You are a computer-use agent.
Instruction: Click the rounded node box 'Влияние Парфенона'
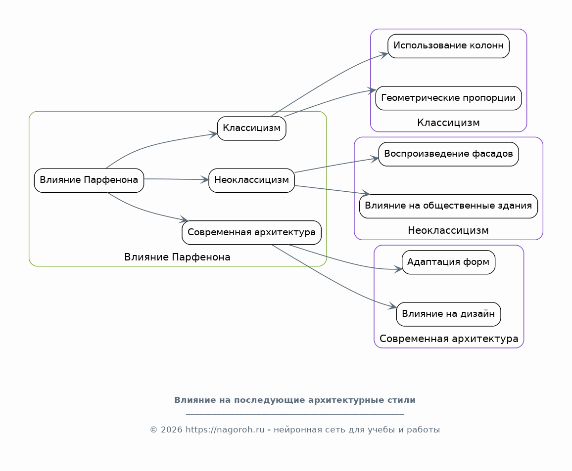click(89, 180)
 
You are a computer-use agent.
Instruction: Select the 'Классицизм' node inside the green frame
click(252, 128)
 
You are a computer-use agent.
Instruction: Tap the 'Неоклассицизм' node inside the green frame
click(252, 180)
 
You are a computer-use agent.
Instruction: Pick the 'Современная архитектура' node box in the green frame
click(252, 232)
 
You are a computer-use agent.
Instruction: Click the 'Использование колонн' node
click(448, 46)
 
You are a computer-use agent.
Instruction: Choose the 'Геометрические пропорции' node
click(448, 98)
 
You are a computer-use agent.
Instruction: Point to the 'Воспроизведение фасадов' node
click(448, 154)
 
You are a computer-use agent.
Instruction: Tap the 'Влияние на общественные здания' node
click(448, 206)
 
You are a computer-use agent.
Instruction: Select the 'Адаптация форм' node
click(448, 262)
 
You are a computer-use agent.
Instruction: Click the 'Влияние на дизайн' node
click(448, 314)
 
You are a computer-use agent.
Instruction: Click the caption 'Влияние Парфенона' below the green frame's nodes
click(177, 257)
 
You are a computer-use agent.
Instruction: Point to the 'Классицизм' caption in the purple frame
click(448, 123)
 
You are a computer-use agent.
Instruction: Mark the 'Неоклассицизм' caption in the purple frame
click(448, 231)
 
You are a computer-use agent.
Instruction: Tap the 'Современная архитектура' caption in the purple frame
click(449, 339)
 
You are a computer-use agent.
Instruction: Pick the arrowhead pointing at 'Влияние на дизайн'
click(392, 306)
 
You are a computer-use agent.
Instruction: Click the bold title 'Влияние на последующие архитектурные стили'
click(295, 400)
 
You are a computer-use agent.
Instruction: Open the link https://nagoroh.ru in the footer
click(225, 430)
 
